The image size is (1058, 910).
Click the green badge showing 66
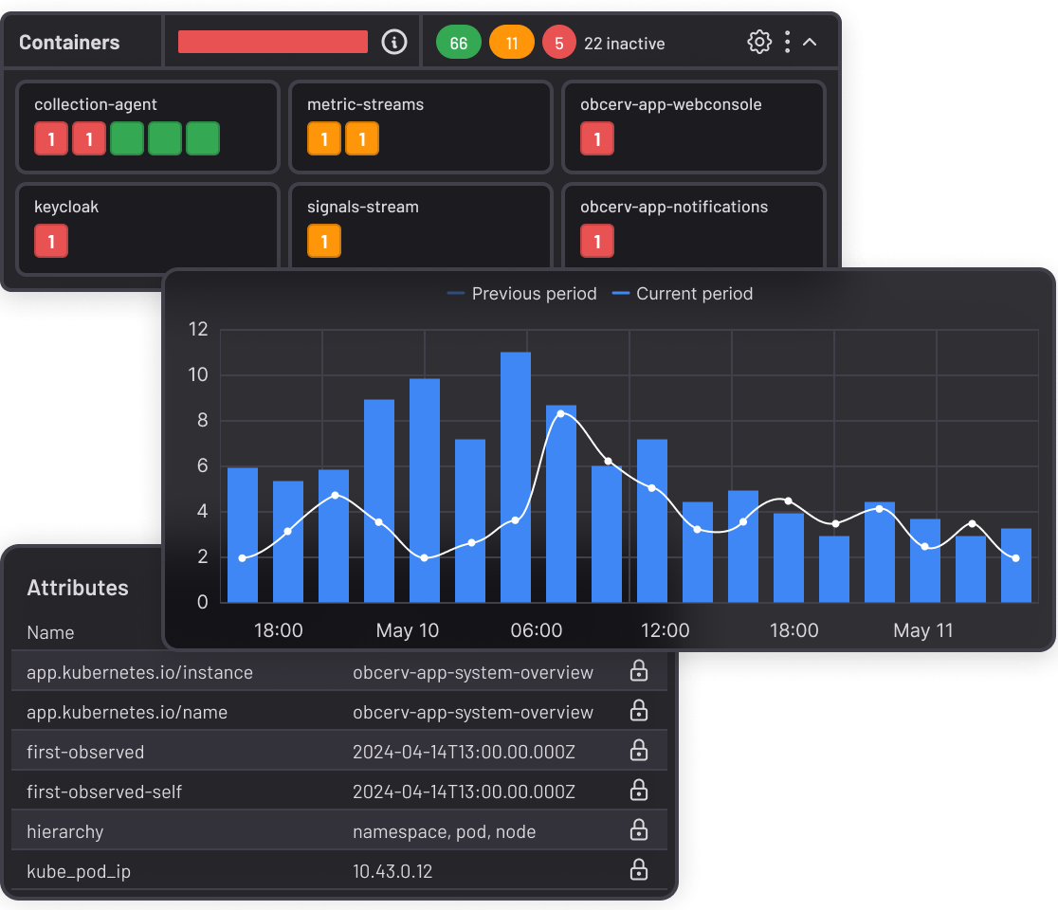[x=459, y=43]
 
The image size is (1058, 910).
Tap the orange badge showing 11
[x=512, y=43]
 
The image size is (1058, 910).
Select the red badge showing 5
[x=559, y=43]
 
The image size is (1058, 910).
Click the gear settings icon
[x=759, y=42]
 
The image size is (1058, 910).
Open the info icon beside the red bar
[x=394, y=42]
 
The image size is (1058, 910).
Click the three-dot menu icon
[x=787, y=42]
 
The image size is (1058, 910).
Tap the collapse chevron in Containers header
[x=810, y=42]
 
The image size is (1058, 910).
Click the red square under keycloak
[x=51, y=241]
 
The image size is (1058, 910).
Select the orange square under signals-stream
[x=324, y=241]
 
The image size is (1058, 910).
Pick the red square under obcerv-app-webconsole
[x=597, y=138]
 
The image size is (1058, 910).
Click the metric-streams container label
[x=365, y=104]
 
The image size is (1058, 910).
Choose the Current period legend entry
[x=683, y=294]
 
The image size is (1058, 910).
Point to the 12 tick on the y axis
[x=198, y=330]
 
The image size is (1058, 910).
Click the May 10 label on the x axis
[x=408, y=630]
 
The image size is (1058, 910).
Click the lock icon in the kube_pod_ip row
[x=639, y=869]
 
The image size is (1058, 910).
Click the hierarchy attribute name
[x=65, y=831]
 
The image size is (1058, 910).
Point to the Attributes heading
[x=78, y=588]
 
